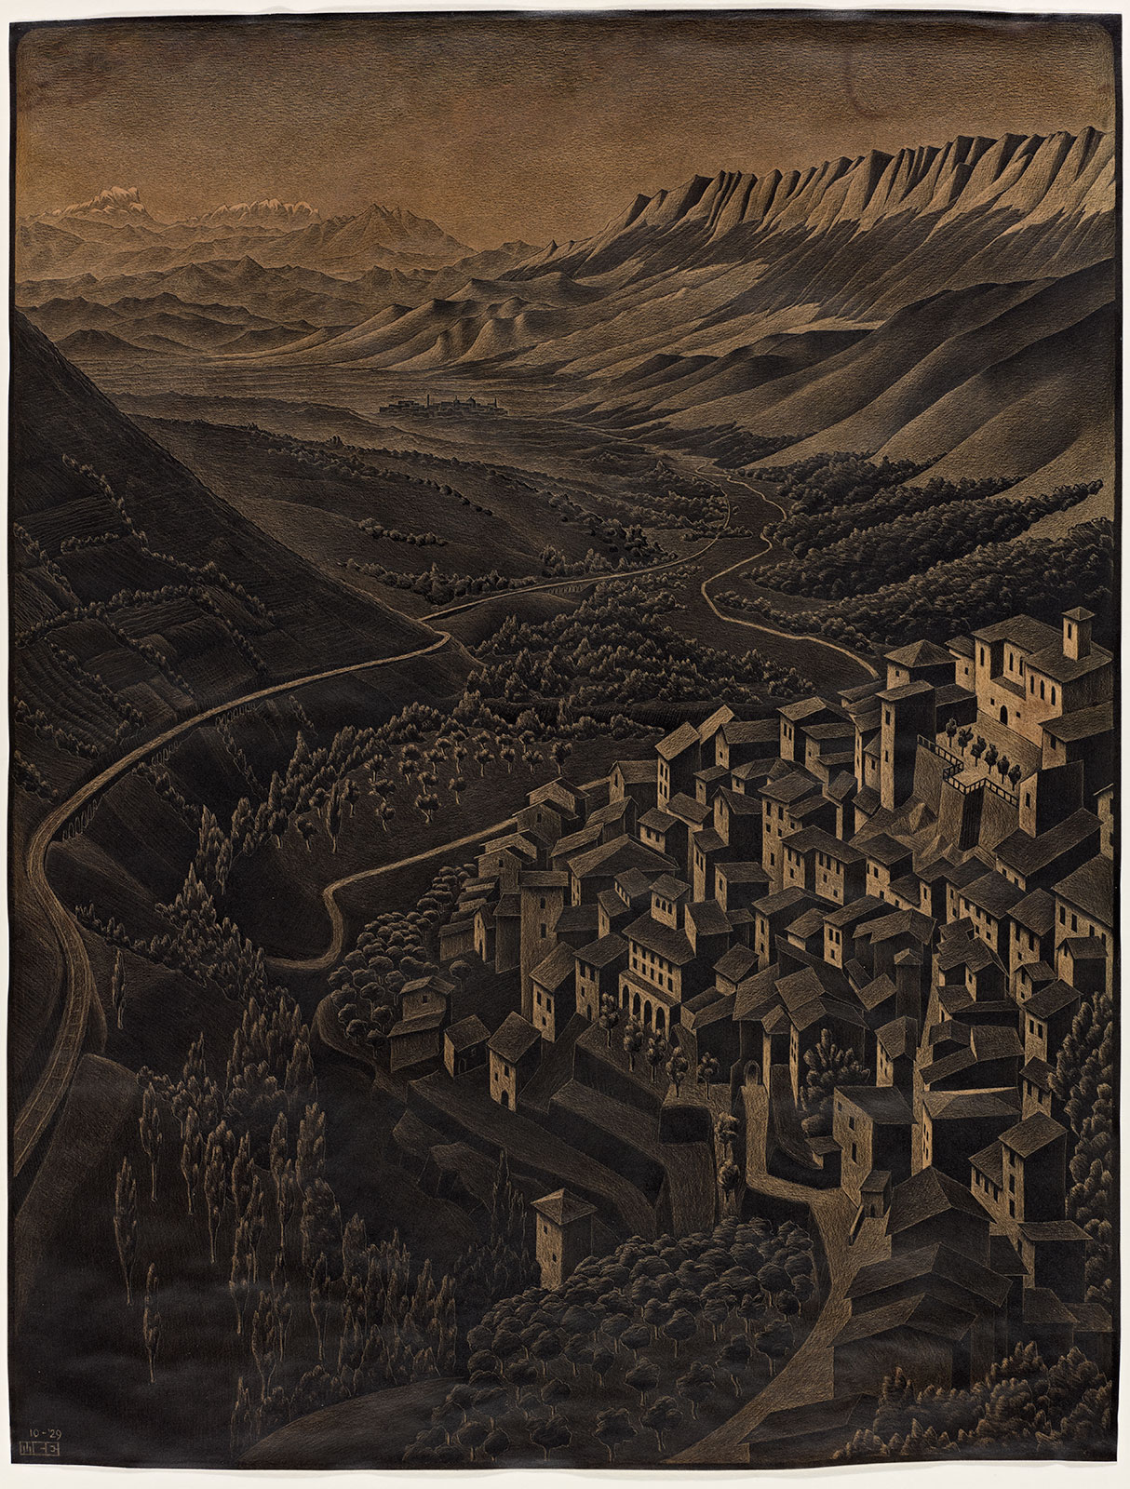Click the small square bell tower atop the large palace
pyautogui.click(x=1078, y=630)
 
